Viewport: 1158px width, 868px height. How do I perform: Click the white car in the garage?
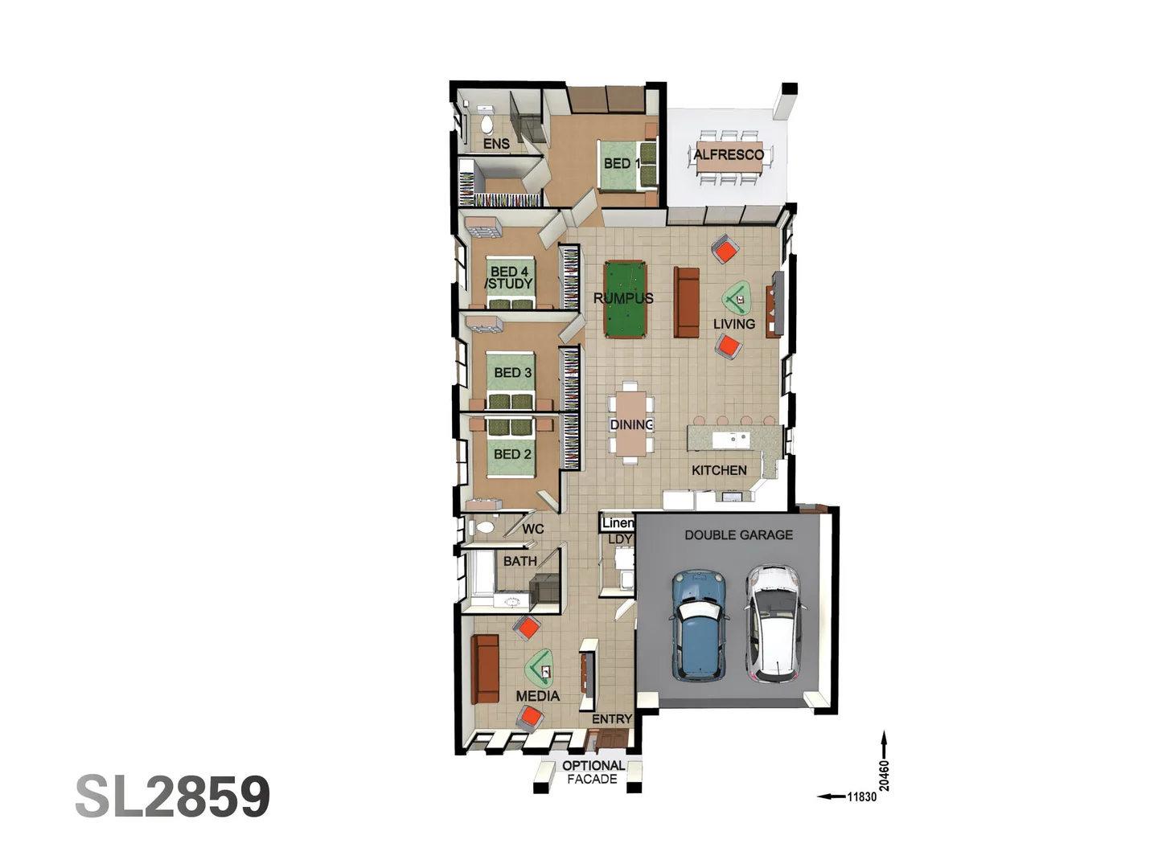click(774, 622)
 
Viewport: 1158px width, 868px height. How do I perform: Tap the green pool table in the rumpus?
click(625, 298)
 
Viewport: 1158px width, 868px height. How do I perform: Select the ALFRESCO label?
click(729, 154)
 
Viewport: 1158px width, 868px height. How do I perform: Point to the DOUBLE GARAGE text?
click(738, 534)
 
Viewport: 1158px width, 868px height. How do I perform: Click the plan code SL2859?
click(172, 796)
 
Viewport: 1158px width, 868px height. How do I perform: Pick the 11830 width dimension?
click(861, 796)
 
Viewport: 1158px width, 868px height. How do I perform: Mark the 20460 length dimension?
click(884, 776)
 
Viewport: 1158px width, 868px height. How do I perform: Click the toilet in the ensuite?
click(487, 124)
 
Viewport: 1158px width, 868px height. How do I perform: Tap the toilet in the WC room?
click(484, 528)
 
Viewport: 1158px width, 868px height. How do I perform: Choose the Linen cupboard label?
click(618, 523)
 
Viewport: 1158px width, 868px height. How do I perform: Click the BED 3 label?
click(512, 373)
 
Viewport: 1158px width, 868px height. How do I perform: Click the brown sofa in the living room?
click(686, 302)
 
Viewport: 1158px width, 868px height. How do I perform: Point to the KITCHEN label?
click(719, 470)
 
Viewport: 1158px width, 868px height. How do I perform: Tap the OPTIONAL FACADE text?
click(593, 772)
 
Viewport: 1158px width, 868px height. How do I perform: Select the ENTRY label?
click(612, 719)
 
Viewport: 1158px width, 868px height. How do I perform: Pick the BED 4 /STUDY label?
click(509, 278)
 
